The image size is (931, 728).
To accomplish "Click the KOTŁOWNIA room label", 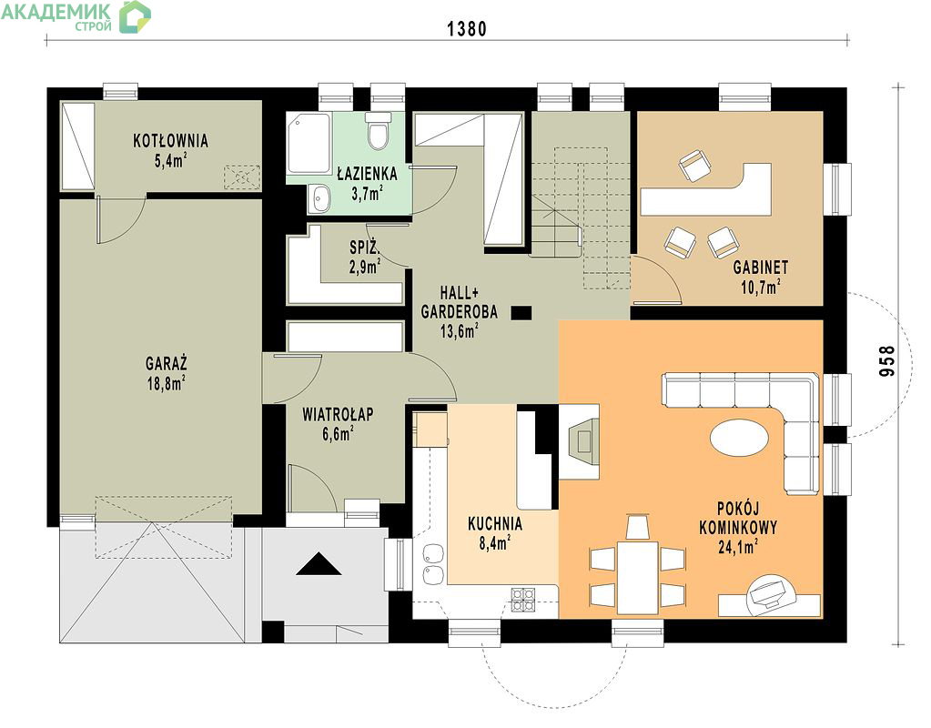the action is [170, 141].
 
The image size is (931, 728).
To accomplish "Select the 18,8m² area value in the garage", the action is [166, 383].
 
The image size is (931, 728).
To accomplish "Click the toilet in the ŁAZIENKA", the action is [378, 131].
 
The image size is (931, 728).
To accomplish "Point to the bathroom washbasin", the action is [320, 197].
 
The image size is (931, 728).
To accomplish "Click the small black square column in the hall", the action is [521, 312].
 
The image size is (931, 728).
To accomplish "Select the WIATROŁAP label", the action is [338, 414].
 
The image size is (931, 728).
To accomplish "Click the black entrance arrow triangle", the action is [319, 564].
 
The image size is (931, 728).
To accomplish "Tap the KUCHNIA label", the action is [494, 524].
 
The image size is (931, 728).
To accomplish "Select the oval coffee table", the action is [739, 438].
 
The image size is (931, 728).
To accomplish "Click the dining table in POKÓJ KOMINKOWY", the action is [638, 577].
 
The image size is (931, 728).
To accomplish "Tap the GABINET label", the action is [761, 268].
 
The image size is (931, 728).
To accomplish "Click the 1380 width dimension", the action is [467, 28].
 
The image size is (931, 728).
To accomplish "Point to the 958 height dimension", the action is [886, 361].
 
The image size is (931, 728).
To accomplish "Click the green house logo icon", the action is [135, 16].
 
